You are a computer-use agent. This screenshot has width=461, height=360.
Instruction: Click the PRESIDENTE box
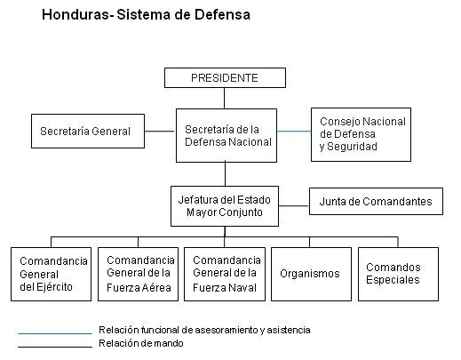point(225,77)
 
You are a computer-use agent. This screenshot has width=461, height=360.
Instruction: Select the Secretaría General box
point(88,131)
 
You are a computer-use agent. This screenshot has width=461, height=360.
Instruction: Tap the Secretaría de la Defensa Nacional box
point(227,135)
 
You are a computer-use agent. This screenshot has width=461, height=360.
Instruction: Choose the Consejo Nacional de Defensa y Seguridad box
point(361,134)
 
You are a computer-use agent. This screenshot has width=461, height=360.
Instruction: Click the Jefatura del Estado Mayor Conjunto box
point(225,206)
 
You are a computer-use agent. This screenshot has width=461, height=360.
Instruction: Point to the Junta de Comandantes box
point(376,201)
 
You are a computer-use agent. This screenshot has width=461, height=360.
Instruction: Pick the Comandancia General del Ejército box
point(51,274)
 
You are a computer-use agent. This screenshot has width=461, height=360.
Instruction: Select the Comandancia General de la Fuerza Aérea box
point(138,274)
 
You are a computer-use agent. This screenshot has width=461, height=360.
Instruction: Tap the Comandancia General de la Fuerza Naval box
point(225,274)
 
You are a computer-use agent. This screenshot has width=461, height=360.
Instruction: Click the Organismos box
point(311,274)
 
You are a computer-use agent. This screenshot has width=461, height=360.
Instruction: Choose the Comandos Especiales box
point(398,274)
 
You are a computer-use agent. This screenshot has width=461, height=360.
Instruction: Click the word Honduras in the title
point(76,14)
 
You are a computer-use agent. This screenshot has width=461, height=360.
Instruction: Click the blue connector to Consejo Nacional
point(294,131)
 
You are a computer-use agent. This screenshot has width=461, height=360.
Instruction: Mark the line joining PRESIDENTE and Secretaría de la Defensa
point(224,98)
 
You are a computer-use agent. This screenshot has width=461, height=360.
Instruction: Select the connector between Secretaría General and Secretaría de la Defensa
point(160,131)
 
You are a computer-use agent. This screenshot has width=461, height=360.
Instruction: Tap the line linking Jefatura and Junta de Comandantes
point(294,205)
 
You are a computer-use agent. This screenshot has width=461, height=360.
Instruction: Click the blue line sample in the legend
point(55,333)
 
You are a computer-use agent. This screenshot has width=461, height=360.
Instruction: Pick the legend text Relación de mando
point(141,343)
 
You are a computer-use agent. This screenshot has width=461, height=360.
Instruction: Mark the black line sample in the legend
point(55,347)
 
